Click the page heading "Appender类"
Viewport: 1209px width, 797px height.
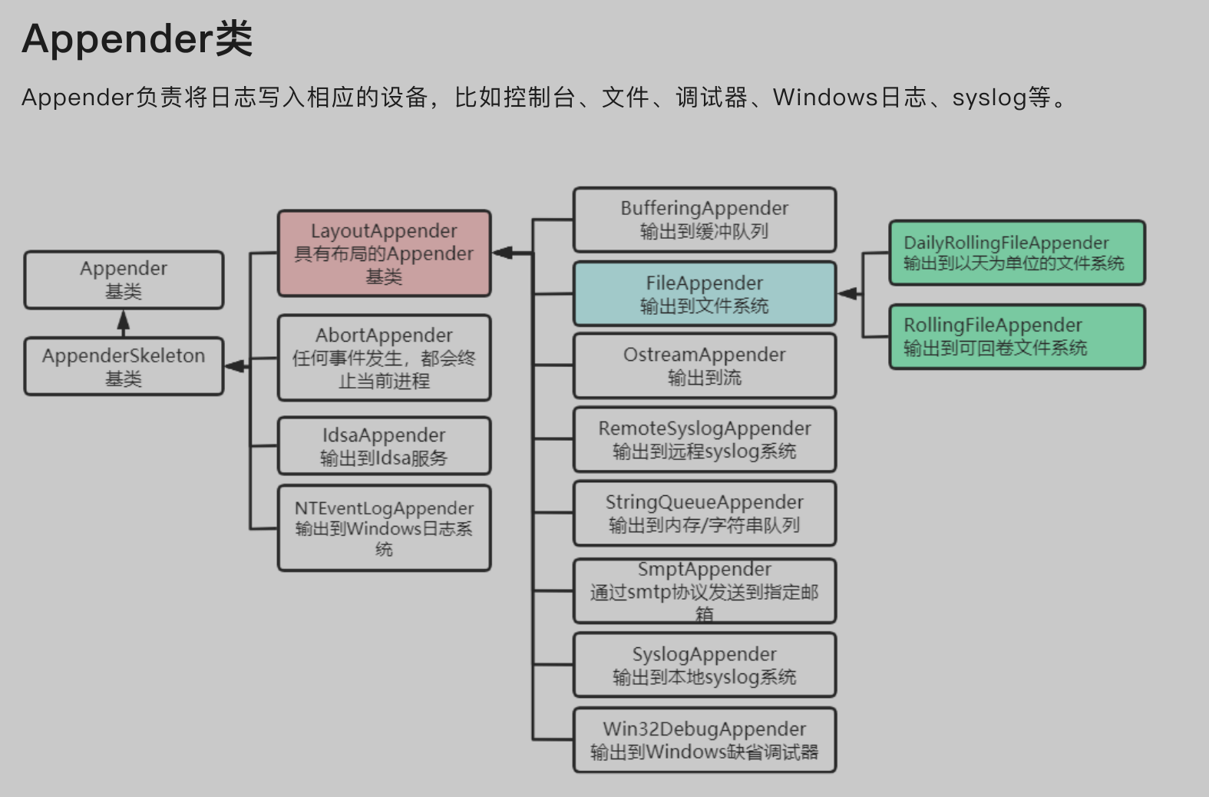click(137, 38)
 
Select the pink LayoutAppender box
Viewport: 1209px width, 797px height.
click(384, 253)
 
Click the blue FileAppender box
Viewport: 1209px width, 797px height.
click(704, 294)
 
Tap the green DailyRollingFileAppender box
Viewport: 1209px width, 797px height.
click(1016, 253)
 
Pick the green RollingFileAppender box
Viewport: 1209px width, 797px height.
click(1016, 336)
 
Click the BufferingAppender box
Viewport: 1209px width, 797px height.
click(704, 220)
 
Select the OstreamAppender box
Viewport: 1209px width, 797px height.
click(704, 365)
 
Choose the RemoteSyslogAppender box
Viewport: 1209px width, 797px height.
click(704, 439)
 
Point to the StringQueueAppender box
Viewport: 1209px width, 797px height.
click(704, 513)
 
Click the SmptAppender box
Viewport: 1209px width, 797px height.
click(704, 590)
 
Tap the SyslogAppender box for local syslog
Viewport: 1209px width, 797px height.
click(704, 665)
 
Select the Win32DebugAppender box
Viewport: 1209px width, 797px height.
click(704, 739)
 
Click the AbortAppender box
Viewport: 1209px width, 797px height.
click(384, 358)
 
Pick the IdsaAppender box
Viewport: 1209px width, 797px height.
click(384, 446)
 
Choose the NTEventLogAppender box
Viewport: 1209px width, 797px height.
click(384, 528)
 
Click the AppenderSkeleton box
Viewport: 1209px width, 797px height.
click(124, 366)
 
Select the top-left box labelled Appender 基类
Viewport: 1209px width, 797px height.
click(124, 279)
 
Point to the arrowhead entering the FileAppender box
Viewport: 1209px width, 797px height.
click(847, 293)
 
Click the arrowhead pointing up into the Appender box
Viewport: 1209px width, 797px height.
click(124, 319)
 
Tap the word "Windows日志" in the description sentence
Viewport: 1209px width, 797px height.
click(849, 98)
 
